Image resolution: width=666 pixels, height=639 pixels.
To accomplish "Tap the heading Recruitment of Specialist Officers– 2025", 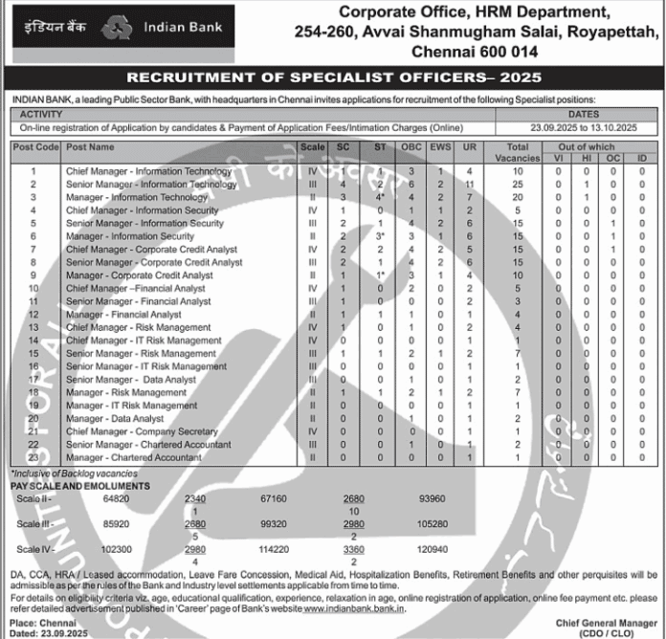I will (x=333, y=77).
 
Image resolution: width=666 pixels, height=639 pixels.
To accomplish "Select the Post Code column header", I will (x=34, y=147).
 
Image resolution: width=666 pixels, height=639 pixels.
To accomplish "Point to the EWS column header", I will (x=439, y=147).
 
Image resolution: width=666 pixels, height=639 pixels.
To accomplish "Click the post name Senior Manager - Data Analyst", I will (x=131, y=379).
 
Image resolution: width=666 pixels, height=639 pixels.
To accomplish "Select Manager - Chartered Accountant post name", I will (x=134, y=457).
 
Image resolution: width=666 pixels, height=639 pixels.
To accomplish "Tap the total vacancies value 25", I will (x=518, y=184).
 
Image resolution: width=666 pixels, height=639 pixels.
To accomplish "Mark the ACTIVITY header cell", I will (x=41, y=113).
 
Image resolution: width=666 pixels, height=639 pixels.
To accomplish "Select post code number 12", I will (x=33, y=314).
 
